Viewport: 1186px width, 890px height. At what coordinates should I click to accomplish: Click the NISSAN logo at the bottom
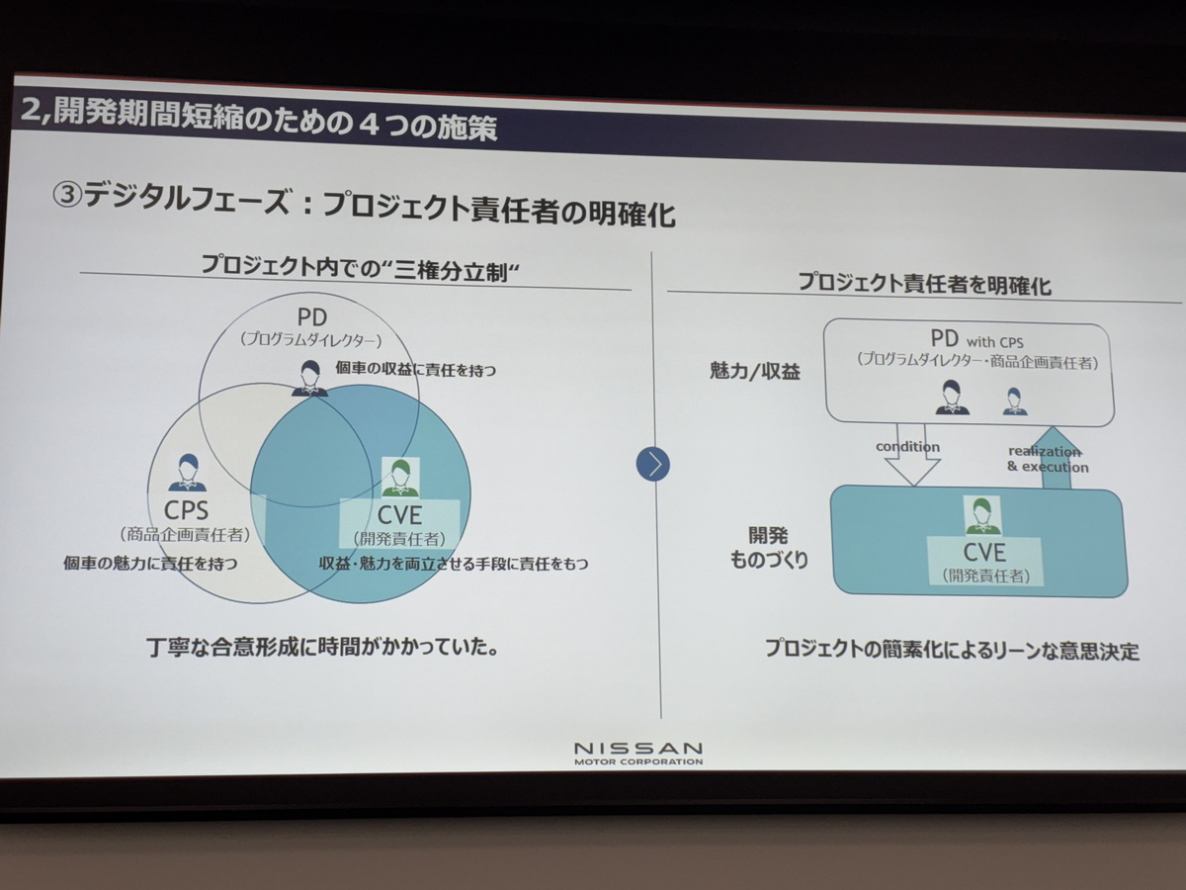pos(638,754)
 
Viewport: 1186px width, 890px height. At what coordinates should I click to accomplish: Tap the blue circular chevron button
pos(653,464)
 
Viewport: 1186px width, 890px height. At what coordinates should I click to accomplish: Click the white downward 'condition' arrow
pos(912,455)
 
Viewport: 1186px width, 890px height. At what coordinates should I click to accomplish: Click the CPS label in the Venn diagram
pos(187,510)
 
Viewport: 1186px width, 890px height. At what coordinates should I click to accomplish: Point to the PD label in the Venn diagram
pos(312,317)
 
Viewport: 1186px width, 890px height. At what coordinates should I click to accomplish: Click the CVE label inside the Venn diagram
pos(399,515)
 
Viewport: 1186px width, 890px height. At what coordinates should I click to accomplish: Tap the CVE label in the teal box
pos(984,552)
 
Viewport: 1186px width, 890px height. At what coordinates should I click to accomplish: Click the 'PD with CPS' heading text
pos(976,340)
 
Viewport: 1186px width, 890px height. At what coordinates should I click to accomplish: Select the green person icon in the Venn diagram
pos(400,478)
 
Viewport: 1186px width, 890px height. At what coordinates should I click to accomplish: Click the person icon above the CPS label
pos(187,473)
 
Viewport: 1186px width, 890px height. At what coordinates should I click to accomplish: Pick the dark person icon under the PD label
pos(309,378)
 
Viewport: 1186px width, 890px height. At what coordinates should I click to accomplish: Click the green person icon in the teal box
pos(982,516)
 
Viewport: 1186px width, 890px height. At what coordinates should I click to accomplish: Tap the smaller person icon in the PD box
pos(1015,401)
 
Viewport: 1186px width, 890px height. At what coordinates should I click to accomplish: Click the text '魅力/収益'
pos(754,371)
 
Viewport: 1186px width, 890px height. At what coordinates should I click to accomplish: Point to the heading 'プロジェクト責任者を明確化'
pos(924,283)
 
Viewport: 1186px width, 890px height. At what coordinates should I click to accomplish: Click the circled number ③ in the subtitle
pos(67,195)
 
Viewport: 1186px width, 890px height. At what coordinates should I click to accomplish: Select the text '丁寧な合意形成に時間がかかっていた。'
pos(322,648)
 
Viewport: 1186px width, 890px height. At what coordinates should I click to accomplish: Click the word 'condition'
pos(907,447)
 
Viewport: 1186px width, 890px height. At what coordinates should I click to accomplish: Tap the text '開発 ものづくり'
pos(769,548)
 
